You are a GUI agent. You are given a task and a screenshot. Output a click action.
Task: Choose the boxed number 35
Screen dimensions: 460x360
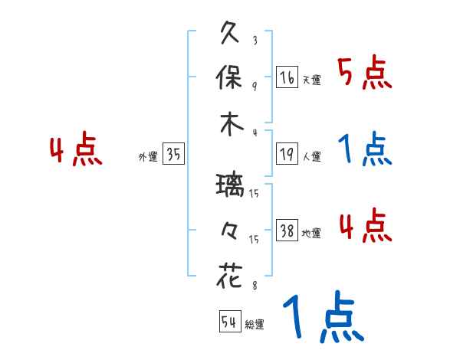coord(173,155)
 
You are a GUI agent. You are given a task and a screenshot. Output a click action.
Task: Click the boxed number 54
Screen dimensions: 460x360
coord(229,322)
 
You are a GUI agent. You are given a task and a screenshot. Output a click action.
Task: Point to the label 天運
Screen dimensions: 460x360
coord(311,80)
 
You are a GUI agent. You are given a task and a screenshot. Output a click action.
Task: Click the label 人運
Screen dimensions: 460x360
coord(311,156)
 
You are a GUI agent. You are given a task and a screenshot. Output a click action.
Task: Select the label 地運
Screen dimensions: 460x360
coord(311,234)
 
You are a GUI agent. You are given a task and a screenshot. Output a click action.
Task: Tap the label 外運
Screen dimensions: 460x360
coord(147,156)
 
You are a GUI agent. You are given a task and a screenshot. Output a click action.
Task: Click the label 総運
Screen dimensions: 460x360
coord(254,324)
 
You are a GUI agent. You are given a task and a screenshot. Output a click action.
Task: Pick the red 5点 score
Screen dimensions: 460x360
coord(364,74)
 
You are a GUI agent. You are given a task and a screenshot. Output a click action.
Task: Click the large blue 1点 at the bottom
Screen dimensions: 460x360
coord(322,318)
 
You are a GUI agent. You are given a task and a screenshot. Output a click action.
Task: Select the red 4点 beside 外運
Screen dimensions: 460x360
coord(75,150)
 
